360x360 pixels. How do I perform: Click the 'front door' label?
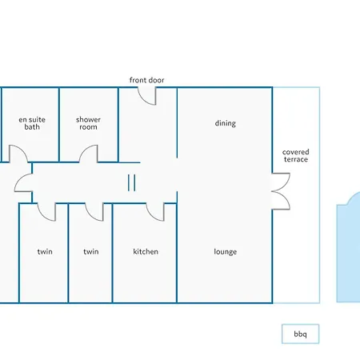(x=146, y=80)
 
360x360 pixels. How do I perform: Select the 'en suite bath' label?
(x=32, y=123)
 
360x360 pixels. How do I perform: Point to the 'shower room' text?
(x=88, y=123)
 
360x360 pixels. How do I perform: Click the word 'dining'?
(x=226, y=123)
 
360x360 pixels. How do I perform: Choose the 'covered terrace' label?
(x=296, y=155)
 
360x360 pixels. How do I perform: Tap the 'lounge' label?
(x=226, y=252)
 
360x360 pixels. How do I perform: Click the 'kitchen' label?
(x=146, y=251)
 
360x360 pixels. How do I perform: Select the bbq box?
(x=300, y=334)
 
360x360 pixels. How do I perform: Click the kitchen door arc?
(x=153, y=217)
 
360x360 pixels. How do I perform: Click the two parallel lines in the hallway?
(x=131, y=182)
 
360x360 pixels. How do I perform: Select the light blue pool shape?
(x=348, y=247)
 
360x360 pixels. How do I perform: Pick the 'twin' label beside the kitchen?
(x=91, y=251)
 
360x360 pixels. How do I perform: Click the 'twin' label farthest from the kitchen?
(x=45, y=251)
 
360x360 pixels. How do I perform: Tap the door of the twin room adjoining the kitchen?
(x=92, y=217)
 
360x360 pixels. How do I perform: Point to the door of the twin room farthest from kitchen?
(x=44, y=217)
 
